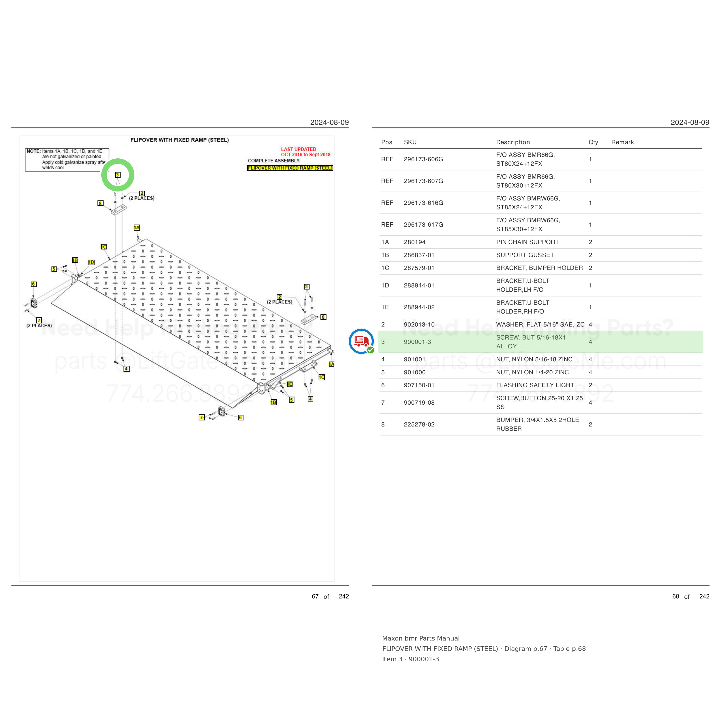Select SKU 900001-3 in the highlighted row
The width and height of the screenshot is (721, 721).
point(417,342)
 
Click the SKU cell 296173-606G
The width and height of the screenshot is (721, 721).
point(423,159)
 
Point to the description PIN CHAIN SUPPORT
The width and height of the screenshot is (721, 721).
point(527,242)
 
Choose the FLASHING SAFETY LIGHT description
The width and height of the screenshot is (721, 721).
point(535,385)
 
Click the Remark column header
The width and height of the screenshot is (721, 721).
point(622,142)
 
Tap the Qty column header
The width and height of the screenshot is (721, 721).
point(593,142)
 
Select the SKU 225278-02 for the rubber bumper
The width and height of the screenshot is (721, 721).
point(419,424)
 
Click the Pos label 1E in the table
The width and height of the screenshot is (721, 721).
point(385,307)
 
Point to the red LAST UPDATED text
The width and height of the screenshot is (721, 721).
point(298,149)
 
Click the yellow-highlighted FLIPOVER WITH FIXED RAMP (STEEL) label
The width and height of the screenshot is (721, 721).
point(290,168)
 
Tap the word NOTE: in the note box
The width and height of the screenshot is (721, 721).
point(33,151)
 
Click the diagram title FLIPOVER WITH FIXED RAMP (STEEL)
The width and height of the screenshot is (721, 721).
point(179,140)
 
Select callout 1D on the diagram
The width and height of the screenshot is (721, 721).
point(91,262)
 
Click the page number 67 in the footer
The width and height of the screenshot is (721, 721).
point(315,596)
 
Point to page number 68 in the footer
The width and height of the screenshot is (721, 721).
point(675,596)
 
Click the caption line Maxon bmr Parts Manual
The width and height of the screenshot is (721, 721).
point(420,638)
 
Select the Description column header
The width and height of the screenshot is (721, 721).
point(513,142)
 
